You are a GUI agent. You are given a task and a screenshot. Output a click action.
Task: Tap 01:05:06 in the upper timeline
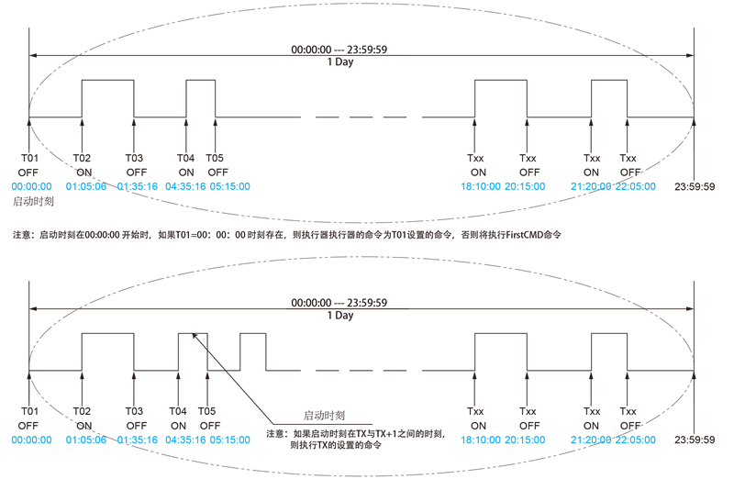click(84, 185)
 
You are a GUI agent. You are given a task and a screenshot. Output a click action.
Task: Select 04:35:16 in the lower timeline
click(186, 440)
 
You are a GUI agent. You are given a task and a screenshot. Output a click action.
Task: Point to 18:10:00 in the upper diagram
click(480, 185)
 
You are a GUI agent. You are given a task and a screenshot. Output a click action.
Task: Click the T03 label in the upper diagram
click(136, 158)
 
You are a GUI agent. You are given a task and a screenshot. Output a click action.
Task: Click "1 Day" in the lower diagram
click(339, 315)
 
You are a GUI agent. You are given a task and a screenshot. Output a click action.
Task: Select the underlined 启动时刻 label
click(324, 415)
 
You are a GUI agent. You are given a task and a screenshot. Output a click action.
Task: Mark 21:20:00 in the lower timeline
click(590, 440)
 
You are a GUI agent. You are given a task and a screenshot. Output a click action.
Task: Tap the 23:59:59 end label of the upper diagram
click(695, 186)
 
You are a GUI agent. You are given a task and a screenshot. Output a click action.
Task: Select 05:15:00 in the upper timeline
click(229, 185)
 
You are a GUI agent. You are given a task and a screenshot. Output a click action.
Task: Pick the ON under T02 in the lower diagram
click(84, 426)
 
